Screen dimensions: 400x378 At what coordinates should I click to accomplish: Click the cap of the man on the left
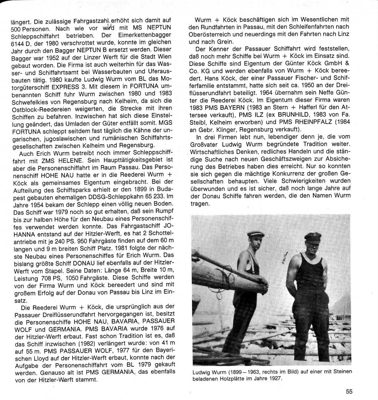pos(256,234)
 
